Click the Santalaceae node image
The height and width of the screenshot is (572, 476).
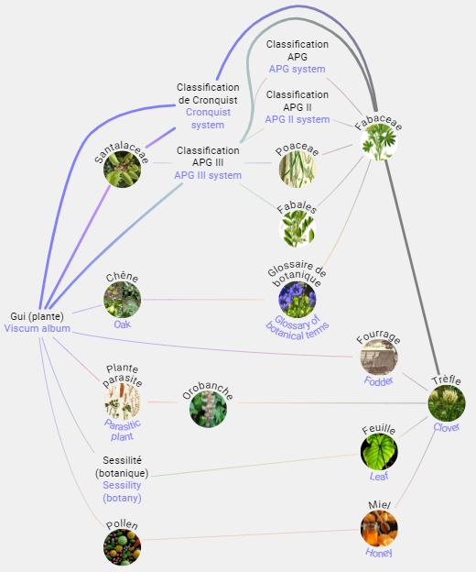coord(122,169)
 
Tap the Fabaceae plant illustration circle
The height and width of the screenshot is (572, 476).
coord(379,142)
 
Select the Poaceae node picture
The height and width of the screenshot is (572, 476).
coord(297,169)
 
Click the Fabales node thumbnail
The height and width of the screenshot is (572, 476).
coord(297,229)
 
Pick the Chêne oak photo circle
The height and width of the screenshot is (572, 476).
coord(122,300)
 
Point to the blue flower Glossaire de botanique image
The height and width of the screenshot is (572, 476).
coord(297,300)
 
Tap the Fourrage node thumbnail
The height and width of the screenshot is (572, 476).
coord(379,357)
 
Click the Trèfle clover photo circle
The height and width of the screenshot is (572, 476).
coord(447,403)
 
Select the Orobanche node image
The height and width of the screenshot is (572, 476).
coord(208,409)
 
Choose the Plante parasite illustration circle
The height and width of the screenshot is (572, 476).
coord(122,402)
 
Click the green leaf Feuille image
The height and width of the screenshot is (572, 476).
coord(379,452)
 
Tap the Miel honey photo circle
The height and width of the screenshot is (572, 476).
coord(379,529)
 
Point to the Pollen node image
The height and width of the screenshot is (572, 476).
coord(122,547)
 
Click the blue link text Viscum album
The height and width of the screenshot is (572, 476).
coord(38,328)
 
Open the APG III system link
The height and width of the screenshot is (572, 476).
coord(208,175)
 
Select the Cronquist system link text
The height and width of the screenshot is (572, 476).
coord(208,118)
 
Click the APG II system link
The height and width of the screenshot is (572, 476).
coord(297,119)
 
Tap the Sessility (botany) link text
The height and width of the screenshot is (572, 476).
coord(122,491)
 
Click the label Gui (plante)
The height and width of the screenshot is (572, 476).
coord(38,316)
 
